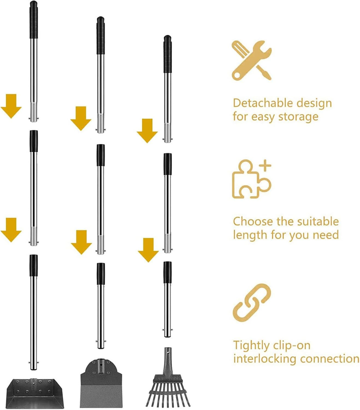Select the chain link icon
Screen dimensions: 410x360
(x=252, y=303)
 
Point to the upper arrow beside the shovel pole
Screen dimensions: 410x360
(x=11, y=106)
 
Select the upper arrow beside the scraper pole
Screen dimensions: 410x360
(x=81, y=118)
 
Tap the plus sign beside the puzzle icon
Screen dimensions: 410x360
(x=265, y=166)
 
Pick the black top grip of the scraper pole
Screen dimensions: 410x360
(x=101, y=35)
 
